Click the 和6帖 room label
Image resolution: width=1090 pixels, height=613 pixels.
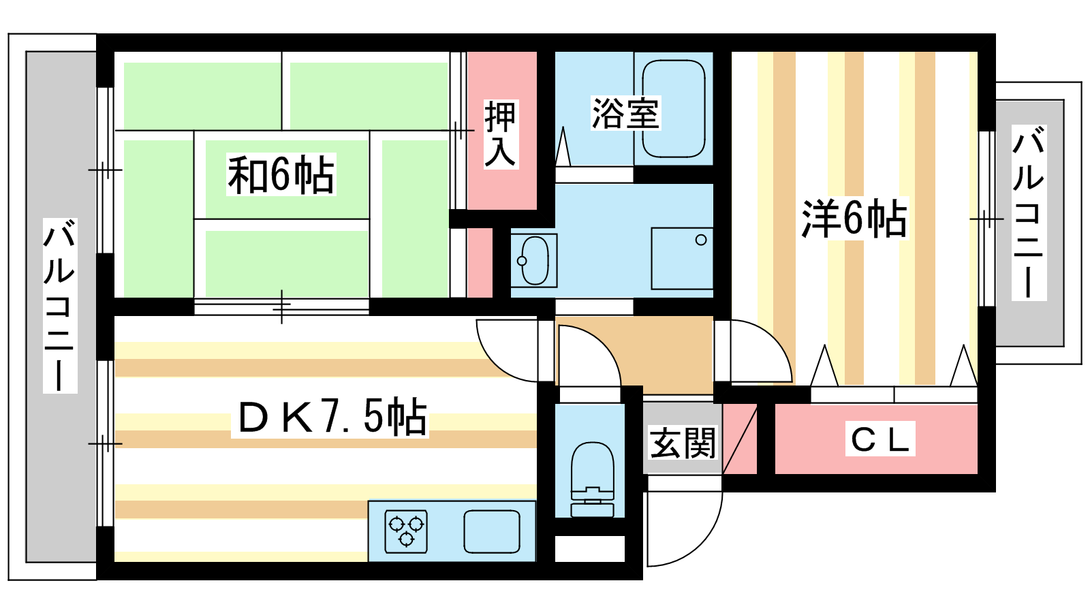pyautogui.click(x=281, y=174)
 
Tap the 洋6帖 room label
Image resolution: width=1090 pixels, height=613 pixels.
pyautogui.click(x=854, y=219)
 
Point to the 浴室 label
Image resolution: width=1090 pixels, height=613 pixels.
pyautogui.click(x=625, y=113)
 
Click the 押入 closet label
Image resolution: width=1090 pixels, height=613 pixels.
pyautogui.click(x=501, y=134)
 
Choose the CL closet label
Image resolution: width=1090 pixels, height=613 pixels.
pyautogui.click(x=879, y=439)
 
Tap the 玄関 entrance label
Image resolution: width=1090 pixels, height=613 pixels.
pyautogui.click(x=682, y=443)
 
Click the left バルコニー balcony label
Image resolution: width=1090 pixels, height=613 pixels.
pyautogui.click(x=60, y=306)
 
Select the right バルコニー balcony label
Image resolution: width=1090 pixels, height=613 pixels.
pyautogui.click(x=1029, y=212)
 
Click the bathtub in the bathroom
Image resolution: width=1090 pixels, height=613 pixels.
pyautogui.click(x=674, y=108)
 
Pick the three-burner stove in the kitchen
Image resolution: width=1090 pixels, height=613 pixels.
pyautogui.click(x=406, y=531)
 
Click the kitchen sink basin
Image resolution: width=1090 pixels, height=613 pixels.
pyautogui.click(x=491, y=531)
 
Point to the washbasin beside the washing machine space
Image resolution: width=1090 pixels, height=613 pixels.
pyautogui.click(x=534, y=260)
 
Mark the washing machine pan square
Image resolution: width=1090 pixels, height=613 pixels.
pyautogui.click(x=682, y=259)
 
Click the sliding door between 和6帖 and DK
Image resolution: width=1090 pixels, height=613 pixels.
pyautogui.click(x=281, y=306)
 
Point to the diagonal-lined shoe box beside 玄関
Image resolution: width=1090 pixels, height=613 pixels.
pyautogui.click(x=740, y=439)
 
